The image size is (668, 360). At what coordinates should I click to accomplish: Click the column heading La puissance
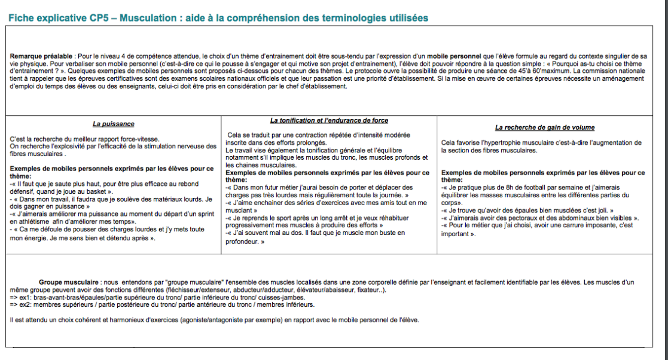(113, 124)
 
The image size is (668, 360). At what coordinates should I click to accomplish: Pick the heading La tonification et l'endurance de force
(329, 120)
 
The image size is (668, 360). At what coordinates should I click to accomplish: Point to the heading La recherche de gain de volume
(544, 127)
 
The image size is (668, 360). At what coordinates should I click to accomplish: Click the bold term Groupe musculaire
(69, 281)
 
